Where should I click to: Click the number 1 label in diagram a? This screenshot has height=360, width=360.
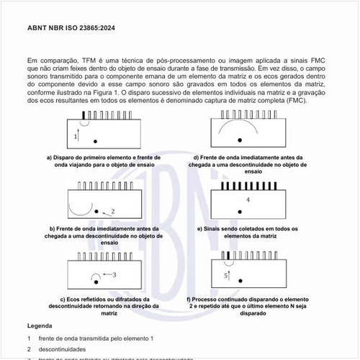76,135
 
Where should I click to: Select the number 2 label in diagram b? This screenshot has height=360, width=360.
113,211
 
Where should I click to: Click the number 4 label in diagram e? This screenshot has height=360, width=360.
248,199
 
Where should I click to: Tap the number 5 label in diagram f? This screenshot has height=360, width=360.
225,275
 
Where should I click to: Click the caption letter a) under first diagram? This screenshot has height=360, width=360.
50,158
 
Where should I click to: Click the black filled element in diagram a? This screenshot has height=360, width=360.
85,114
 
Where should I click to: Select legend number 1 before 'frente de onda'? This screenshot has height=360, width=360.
29,338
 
